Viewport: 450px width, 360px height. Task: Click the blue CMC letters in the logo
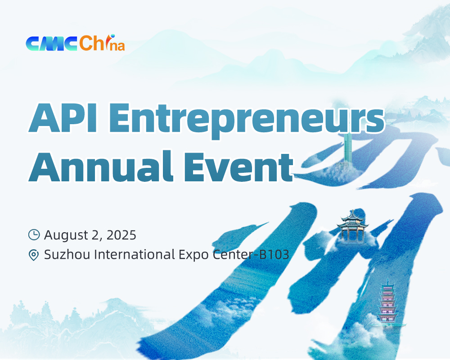click(x=51, y=44)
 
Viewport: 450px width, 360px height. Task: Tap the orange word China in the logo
click(x=102, y=43)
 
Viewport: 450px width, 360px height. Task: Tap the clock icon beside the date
click(x=34, y=234)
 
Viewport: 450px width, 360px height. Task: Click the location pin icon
click(x=34, y=255)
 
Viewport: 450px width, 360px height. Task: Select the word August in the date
click(x=66, y=235)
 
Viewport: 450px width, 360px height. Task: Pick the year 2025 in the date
click(x=121, y=235)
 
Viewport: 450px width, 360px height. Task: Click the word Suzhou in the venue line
click(x=67, y=255)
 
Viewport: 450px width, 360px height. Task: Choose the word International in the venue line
click(x=135, y=255)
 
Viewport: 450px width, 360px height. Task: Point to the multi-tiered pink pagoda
click(x=387, y=302)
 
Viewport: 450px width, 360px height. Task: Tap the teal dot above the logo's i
click(x=113, y=36)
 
